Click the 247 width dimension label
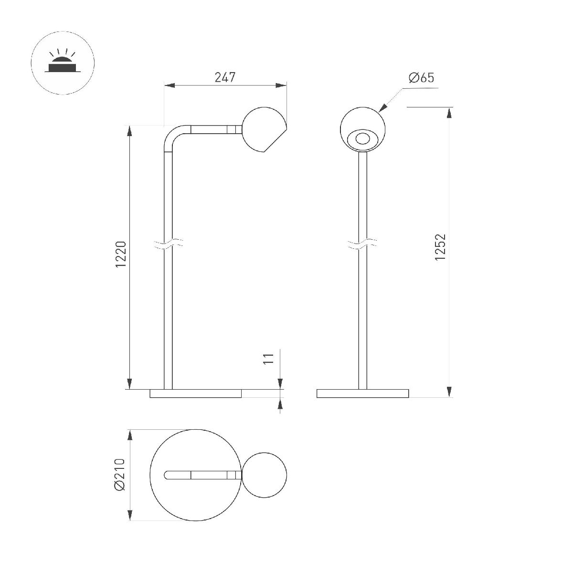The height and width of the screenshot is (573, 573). pos(225,77)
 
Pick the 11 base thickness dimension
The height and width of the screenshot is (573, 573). pos(268,359)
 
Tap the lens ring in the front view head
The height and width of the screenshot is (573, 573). pos(363,139)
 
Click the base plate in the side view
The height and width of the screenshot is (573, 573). pos(196,393)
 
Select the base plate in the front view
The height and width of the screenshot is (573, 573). pos(363,393)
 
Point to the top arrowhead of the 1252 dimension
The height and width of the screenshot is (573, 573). pos(449,112)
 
